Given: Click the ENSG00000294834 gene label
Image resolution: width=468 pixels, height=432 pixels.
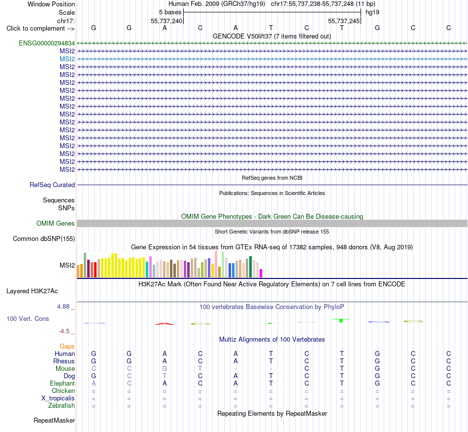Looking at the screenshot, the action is tap(47, 43).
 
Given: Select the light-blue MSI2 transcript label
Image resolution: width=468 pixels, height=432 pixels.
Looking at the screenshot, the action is tap(67, 59).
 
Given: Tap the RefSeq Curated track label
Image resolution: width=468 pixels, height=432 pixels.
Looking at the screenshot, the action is tap(52, 185).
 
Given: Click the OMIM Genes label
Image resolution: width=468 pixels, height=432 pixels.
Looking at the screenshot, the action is tap(56, 224).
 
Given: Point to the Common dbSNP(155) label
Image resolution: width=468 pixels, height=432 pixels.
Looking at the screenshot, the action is tap(44, 239).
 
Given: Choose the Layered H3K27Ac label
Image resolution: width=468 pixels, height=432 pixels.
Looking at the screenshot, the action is tap(32, 291).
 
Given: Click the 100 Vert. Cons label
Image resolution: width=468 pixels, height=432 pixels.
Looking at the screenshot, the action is tap(28, 318).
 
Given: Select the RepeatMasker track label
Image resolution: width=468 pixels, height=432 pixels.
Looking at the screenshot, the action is tap(54, 420).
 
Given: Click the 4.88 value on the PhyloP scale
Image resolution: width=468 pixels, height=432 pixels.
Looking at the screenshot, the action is tap(63, 307).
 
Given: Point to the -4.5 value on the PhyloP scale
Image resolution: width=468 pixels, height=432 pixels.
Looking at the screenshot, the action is tap(64, 331).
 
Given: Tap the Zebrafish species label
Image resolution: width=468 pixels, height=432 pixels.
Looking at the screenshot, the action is tap(62, 406).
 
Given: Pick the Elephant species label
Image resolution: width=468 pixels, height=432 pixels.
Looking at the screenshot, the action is tap(63, 383).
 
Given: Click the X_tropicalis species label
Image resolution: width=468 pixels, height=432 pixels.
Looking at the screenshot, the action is tap(58, 398).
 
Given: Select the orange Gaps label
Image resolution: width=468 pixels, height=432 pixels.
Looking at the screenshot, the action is tap(67, 346).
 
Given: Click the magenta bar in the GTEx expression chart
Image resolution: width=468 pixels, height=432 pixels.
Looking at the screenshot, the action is tap(261, 274).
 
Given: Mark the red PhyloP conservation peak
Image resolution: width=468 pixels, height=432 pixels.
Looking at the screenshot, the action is tap(164, 324).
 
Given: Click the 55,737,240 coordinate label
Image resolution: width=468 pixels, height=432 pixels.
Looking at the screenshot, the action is tap(166, 21).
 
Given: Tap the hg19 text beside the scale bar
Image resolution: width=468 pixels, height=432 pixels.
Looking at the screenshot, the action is tap(372, 12).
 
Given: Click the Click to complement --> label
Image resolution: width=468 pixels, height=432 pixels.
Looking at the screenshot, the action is tap(40, 29).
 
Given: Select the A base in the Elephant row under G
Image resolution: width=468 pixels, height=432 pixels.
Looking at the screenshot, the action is tap(94, 383).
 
